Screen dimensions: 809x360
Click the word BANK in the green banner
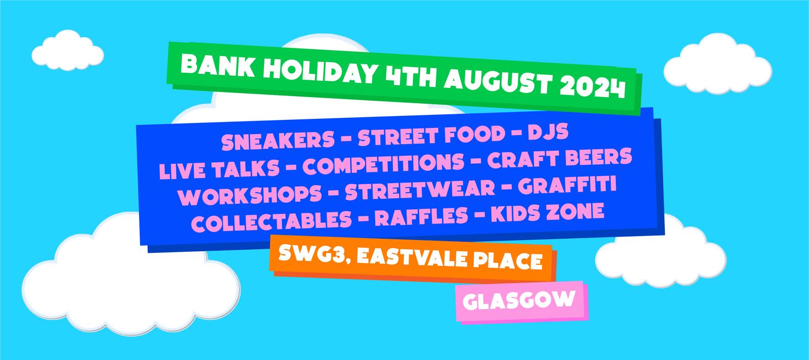coord(217,65)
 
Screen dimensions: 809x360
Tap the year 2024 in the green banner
coord(593,86)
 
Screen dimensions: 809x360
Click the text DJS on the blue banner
coord(548,132)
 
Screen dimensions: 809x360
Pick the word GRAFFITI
coord(567,186)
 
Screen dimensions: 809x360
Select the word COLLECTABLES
coord(272,221)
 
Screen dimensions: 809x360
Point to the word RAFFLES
coord(422,216)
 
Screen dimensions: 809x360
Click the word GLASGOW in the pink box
coord(519,300)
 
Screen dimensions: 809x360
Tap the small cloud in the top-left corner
coord(68,51)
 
